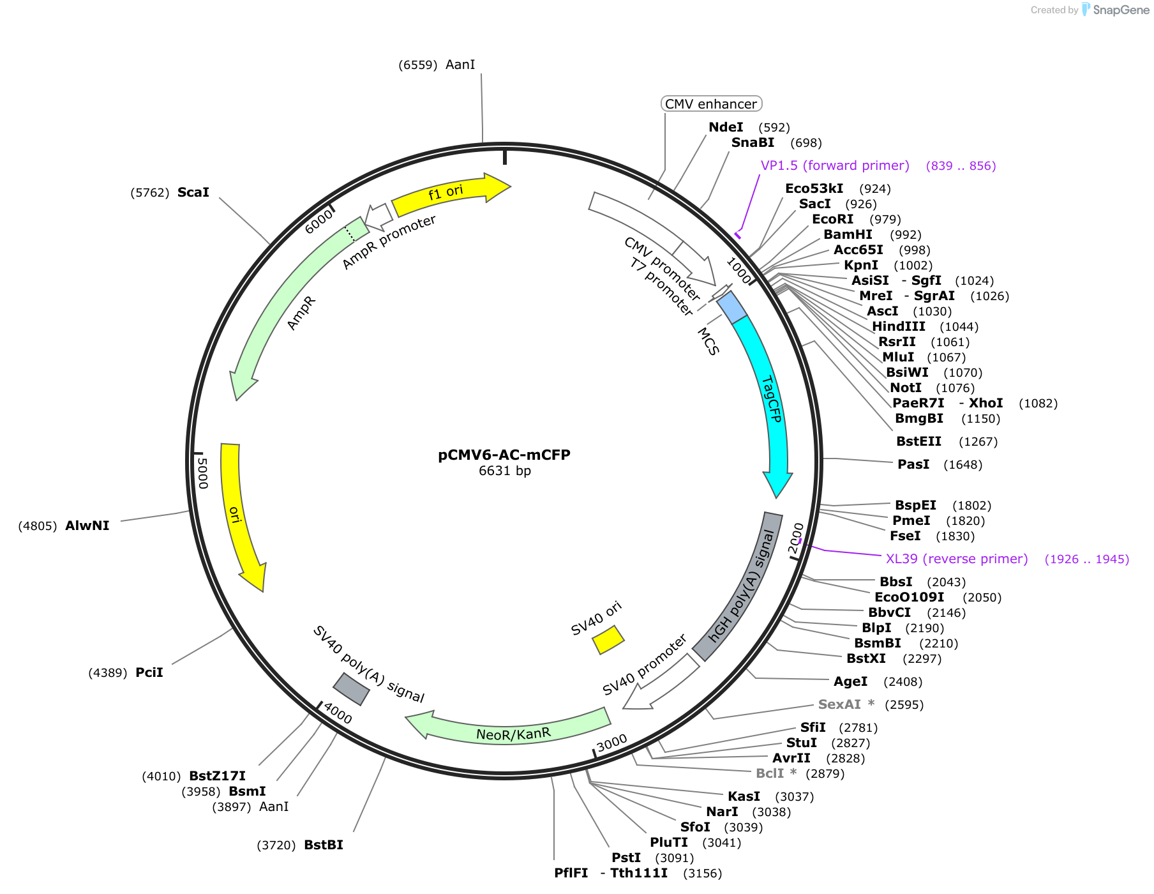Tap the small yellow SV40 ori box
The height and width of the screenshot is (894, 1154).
pyautogui.click(x=608, y=639)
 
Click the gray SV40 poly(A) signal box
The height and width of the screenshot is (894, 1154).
pyautogui.click(x=351, y=689)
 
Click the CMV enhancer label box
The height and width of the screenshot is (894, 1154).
pyautogui.click(x=711, y=104)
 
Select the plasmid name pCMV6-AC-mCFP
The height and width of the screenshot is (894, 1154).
pyautogui.click(x=504, y=455)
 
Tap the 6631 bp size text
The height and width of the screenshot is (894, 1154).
pyautogui.click(x=505, y=471)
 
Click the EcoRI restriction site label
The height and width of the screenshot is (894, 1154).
pyautogui.click(x=832, y=219)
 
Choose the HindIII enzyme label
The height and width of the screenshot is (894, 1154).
pyautogui.click(x=899, y=326)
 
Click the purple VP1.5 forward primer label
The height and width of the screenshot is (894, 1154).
pyautogui.click(x=835, y=165)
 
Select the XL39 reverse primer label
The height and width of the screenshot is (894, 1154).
pyautogui.click(x=957, y=559)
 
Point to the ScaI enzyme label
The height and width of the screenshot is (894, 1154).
pyautogui.click(x=193, y=192)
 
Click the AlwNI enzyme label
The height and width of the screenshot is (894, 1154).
pyautogui.click(x=87, y=526)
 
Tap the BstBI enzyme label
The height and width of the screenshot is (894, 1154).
pyautogui.click(x=324, y=845)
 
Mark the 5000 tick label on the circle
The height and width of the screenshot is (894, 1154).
pyautogui.click(x=203, y=473)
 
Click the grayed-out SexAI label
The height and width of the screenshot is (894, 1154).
pyautogui.click(x=839, y=704)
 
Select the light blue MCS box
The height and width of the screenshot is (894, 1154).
pyautogui.click(x=731, y=307)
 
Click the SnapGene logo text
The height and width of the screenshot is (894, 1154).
pyautogui.click(x=1121, y=10)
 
